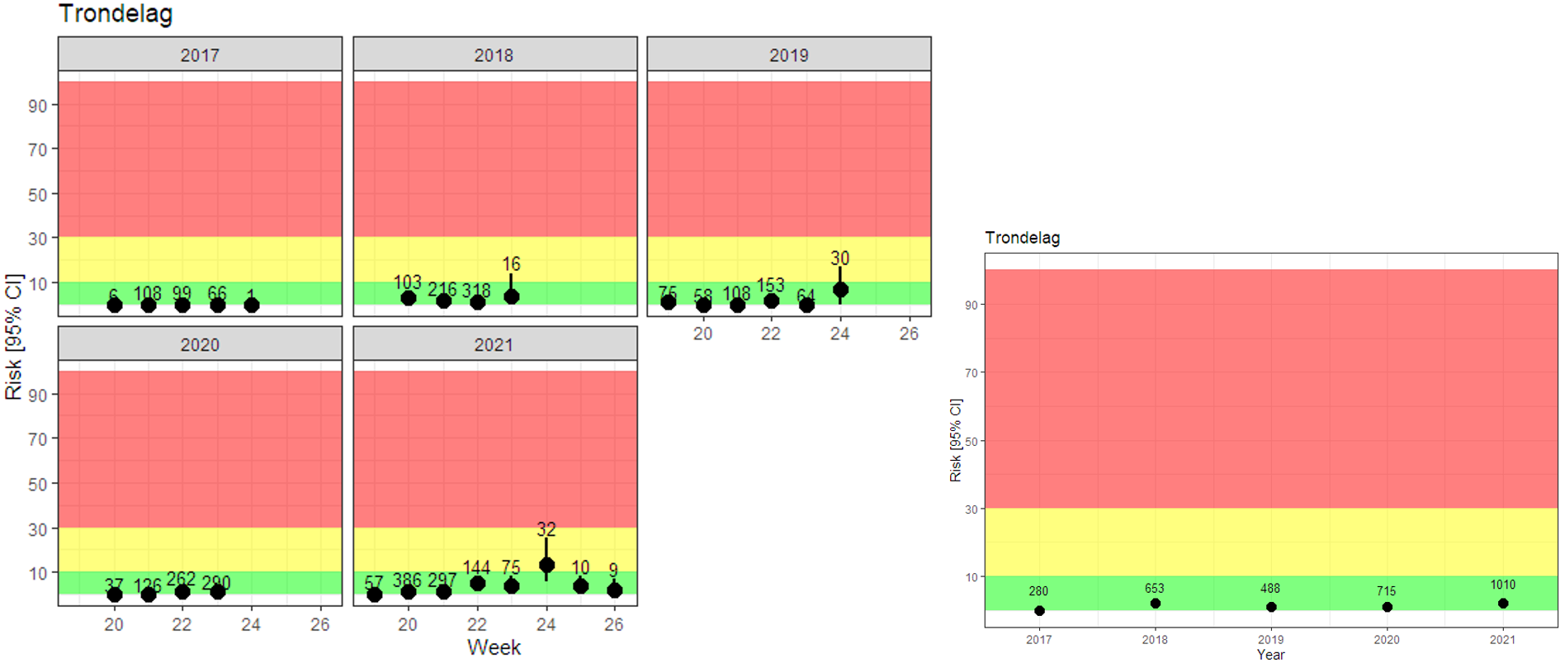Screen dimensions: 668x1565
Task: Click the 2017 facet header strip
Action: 200,54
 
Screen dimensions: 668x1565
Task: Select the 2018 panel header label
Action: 494,54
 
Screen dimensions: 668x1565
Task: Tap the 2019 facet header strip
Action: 788,54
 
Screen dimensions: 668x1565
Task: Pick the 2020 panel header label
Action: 200,344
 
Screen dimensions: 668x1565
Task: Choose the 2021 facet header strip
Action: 494,344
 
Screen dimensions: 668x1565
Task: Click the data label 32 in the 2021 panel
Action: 546,529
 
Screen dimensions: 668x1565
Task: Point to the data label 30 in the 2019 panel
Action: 839,258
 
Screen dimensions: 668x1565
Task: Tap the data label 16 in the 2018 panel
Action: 511,264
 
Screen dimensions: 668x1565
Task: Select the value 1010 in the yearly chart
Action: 1502,585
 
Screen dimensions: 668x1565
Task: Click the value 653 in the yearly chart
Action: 1154,589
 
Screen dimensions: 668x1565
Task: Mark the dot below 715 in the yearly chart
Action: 1387,607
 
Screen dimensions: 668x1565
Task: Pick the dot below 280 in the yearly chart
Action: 1039,611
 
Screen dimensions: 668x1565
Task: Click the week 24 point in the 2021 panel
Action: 546,566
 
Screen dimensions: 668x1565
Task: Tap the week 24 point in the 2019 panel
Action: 840,290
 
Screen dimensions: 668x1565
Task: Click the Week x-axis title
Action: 494,647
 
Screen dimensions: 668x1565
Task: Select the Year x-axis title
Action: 1270,655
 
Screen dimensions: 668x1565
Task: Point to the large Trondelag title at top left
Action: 116,14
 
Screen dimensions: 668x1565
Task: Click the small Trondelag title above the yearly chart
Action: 1022,238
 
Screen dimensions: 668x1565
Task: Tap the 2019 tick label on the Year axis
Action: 1270,639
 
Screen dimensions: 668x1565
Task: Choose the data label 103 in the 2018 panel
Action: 407,282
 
